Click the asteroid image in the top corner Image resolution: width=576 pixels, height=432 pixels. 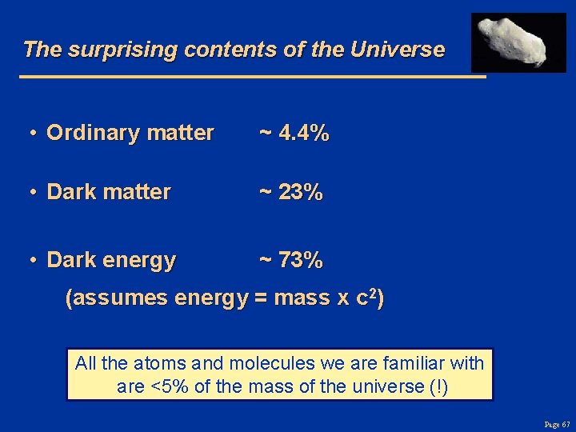tap(518, 42)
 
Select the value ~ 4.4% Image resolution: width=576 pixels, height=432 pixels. tap(294, 133)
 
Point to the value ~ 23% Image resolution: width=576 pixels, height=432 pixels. tap(290, 192)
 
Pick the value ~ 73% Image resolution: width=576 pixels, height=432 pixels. tap(290, 260)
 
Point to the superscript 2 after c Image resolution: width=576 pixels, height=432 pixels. tap(372, 294)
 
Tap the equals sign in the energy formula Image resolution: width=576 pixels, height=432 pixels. tap(260, 299)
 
